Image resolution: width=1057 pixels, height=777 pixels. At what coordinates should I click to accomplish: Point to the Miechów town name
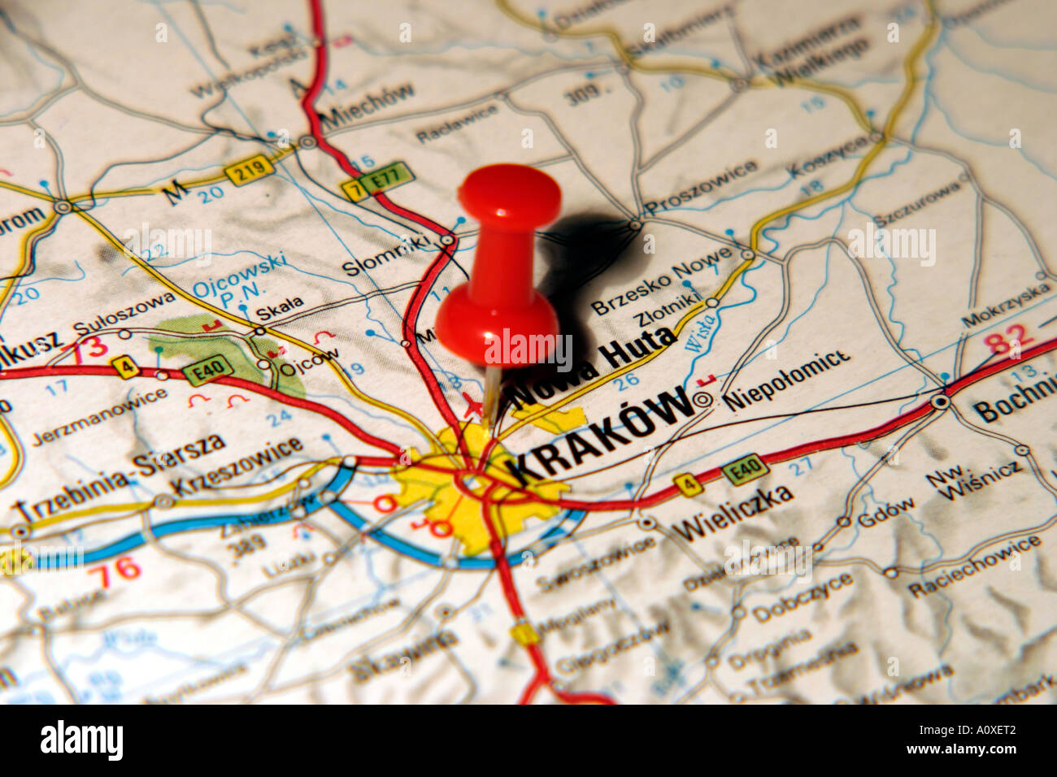[x=368, y=107]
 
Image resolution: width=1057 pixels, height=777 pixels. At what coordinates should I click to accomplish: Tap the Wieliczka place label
[x=733, y=511]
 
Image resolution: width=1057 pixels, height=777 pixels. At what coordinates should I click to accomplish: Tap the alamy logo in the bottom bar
[x=81, y=740]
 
